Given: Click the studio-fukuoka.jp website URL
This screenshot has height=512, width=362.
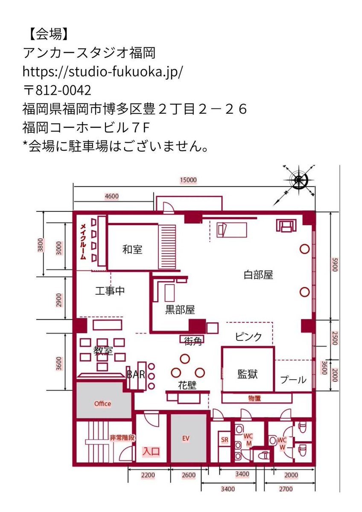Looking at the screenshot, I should (103, 72).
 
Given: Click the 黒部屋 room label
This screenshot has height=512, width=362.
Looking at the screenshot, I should (180, 310).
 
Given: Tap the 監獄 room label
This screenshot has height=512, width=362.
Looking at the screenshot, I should (247, 374).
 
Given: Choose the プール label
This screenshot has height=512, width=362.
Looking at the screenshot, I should (293, 379).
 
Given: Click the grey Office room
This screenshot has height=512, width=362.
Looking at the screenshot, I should (102, 404).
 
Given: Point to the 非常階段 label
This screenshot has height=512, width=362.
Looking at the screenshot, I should (122, 438).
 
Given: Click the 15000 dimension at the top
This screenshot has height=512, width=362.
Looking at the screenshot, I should (188, 180).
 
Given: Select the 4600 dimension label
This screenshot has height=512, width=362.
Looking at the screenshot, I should (111, 196).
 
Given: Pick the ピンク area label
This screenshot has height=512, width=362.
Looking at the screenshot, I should (248, 336).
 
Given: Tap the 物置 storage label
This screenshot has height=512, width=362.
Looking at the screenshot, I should (254, 398).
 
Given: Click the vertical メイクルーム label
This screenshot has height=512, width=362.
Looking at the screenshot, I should (84, 242).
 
